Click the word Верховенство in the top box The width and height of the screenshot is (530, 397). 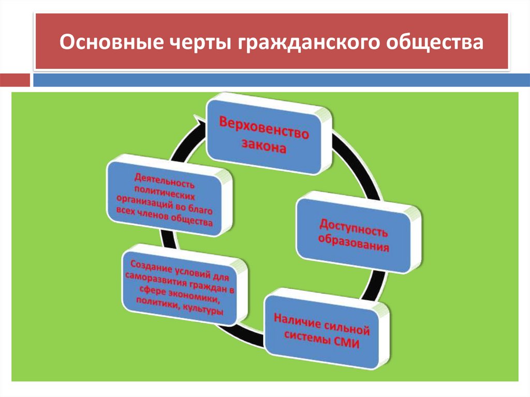pos(264,130)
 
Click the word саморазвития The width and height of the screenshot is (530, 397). pos(157,280)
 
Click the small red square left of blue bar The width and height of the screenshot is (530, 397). pos(15,80)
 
